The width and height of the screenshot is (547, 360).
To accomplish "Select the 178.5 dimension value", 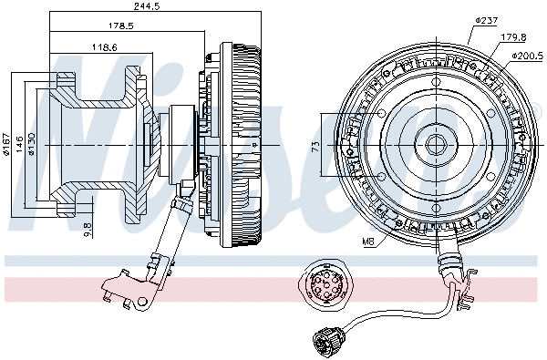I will (119, 26).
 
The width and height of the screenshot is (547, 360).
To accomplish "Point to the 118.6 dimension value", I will (101, 46).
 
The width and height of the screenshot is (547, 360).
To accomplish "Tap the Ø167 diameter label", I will (6, 144).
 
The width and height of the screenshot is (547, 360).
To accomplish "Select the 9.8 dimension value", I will (87, 229).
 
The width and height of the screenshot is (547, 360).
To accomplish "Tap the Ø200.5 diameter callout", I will (528, 57).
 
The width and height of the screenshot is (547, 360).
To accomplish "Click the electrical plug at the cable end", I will (325, 342).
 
